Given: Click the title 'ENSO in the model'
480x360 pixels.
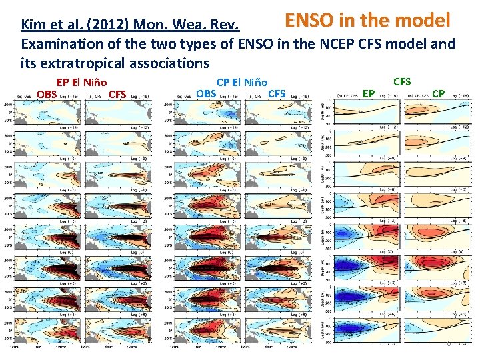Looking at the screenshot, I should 367,21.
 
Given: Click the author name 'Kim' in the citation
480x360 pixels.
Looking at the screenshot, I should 33,25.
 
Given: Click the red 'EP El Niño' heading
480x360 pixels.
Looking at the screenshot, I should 81,83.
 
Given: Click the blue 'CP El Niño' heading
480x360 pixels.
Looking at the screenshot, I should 242,83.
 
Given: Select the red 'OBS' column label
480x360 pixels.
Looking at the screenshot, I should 47,93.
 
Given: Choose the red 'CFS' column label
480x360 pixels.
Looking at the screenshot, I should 117,93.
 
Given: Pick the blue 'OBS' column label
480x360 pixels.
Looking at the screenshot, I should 206,93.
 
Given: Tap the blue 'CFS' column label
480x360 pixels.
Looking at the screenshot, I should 276,93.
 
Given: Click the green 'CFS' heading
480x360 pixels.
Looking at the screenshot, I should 402,81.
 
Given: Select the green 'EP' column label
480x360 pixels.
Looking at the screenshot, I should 369,93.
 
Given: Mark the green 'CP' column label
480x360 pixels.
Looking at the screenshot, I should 438,93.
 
